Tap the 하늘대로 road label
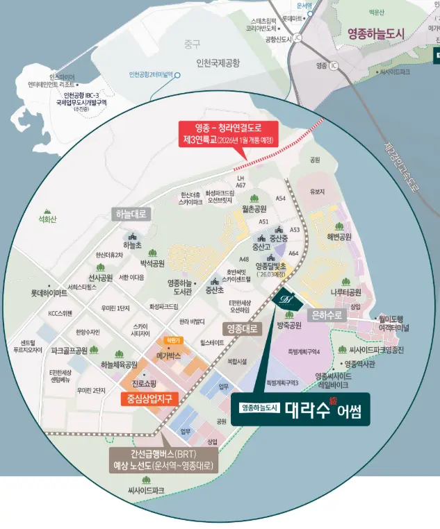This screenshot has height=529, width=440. (x=131, y=216)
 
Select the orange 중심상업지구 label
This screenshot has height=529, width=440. (x=149, y=398)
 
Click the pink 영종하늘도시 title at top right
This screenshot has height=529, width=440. (x=385, y=31)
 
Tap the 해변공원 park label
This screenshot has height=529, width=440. (x=339, y=237)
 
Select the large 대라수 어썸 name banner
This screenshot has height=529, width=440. (x=302, y=409)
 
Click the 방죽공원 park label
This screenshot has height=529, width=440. (x=288, y=326)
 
